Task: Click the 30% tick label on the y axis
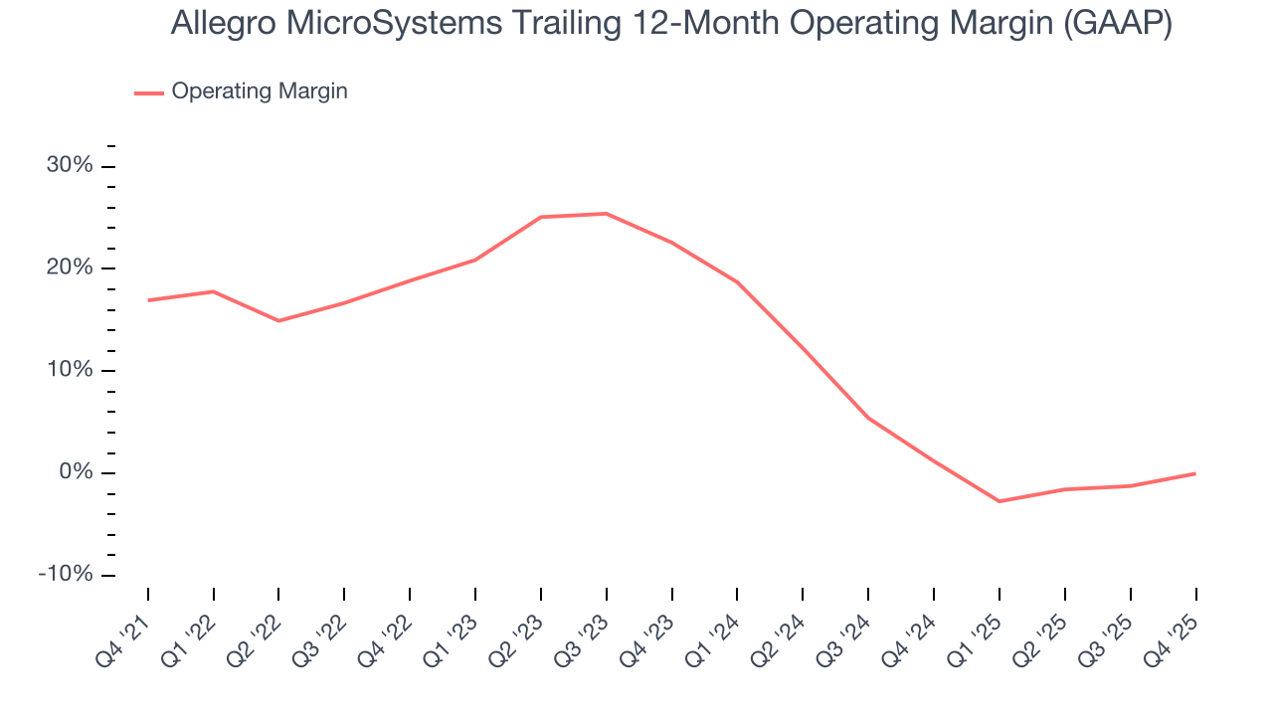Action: tap(70, 166)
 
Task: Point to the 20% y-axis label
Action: tap(70, 268)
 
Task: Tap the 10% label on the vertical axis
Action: tap(70, 371)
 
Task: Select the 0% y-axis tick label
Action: tap(76, 472)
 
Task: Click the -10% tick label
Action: tap(66, 575)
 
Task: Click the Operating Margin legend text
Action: tap(260, 91)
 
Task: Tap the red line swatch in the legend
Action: tap(149, 92)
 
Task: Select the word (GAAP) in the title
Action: tap(1117, 24)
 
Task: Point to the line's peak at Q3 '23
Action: tap(606, 214)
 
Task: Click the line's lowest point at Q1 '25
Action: tap(999, 501)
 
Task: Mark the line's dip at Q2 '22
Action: tap(278, 320)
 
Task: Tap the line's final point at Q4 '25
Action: tap(1194, 473)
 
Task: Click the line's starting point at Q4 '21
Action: tap(148, 300)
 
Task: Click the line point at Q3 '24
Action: tap(868, 418)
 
